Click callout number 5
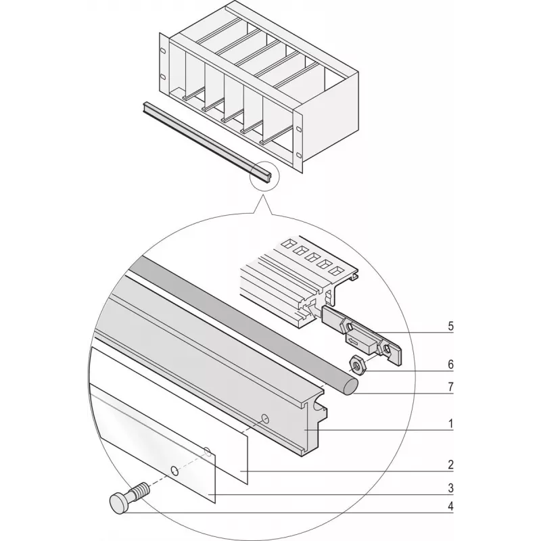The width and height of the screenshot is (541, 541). click(x=450, y=327)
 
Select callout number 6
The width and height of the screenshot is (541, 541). click(x=450, y=364)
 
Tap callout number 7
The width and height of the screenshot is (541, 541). click(x=450, y=387)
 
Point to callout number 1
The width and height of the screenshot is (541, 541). click(x=450, y=424)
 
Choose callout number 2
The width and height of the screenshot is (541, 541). click(x=450, y=465)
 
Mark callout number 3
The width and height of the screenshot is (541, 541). click(x=450, y=488)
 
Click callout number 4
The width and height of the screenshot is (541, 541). click(x=450, y=507)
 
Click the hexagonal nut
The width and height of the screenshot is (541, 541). click(x=357, y=364)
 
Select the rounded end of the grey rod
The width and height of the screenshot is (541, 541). click(x=350, y=386)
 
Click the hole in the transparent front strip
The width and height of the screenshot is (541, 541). click(x=175, y=471)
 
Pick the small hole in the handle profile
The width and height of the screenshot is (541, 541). click(x=265, y=419)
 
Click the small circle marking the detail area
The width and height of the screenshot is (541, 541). click(x=264, y=176)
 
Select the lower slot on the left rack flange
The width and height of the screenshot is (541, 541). click(x=163, y=77)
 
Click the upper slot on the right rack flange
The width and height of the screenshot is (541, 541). click(x=298, y=129)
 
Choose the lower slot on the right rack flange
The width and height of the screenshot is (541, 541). click(x=298, y=156)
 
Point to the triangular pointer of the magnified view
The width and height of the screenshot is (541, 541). click(x=263, y=206)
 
